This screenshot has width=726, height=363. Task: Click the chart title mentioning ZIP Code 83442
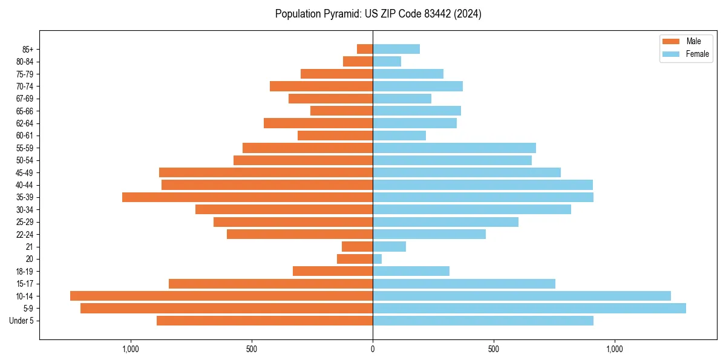[378, 14]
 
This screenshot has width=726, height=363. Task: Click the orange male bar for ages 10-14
[221, 296]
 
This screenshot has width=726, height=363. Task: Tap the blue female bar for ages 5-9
[529, 309]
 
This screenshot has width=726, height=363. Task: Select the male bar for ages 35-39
[247, 197]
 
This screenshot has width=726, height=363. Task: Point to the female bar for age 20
[378, 259]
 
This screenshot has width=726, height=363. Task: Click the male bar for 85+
[365, 49]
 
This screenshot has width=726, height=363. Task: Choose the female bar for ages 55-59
[454, 148]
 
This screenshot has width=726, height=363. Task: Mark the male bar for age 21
[358, 247]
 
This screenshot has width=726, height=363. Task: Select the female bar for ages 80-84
[387, 61]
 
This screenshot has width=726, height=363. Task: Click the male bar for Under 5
[264, 321]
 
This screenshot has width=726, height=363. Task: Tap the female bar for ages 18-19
[411, 271]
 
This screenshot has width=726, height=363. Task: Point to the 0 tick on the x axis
[373, 349]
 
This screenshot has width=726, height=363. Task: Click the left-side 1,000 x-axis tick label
[131, 349]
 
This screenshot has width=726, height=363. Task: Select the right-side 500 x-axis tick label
[494, 349]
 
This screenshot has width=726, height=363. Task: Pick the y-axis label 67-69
[24, 99]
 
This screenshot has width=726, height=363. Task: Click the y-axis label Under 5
[22, 321]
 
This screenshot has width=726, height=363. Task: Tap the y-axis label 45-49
[24, 172]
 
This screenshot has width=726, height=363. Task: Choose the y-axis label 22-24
[24, 234]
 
